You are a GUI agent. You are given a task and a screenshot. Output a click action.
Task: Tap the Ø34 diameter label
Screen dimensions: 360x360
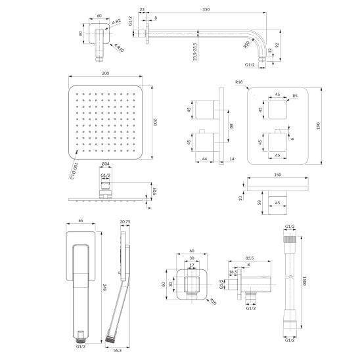coord(104,164)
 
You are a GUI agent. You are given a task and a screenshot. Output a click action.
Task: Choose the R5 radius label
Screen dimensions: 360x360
coord(296,96)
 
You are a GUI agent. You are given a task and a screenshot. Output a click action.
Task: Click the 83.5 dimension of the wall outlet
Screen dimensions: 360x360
coord(248,258)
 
